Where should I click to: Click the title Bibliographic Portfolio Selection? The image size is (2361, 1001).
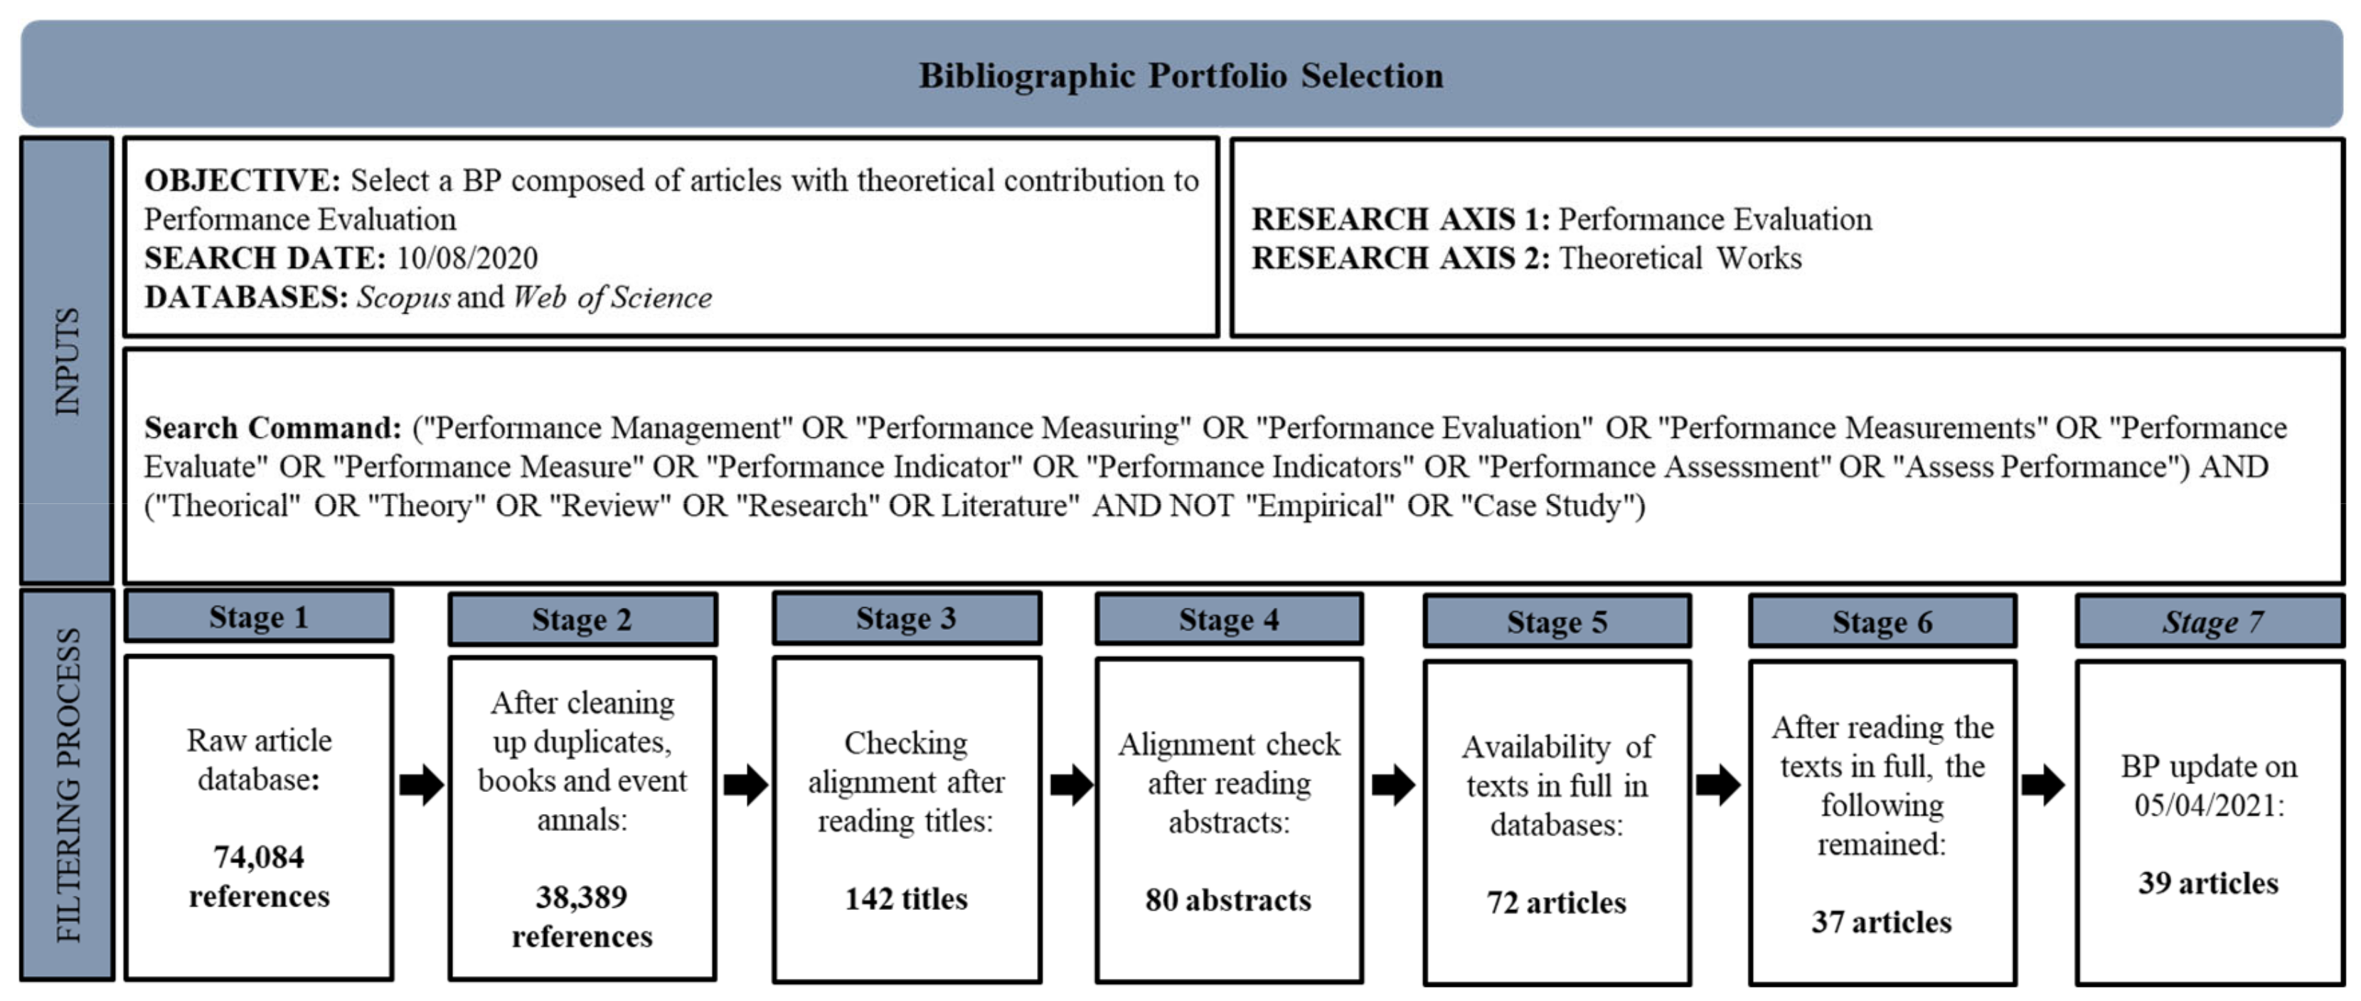(x=1180, y=75)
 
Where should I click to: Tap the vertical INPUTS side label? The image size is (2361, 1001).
(x=68, y=361)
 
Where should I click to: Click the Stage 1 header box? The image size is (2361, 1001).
(x=258, y=617)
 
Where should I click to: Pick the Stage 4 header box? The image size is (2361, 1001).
(x=1228, y=620)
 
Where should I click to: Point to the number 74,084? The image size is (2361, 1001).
(x=258, y=857)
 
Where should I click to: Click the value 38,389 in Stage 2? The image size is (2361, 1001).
(x=581, y=896)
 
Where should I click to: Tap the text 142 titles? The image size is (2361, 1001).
(x=905, y=899)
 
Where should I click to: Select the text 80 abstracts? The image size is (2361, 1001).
(x=1228, y=900)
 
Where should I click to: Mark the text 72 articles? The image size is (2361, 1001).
(x=1556, y=903)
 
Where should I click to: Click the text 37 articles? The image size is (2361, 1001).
(x=1882, y=922)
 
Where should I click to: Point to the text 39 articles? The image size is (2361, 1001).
(x=2208, y=883)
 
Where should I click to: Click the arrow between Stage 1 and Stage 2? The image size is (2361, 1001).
(x=422, y=785)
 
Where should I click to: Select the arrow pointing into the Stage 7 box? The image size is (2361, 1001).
(x=2043, y=785)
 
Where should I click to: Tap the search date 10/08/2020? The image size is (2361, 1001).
(x=467, y=259)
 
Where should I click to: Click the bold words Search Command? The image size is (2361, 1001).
(x=272, y=428)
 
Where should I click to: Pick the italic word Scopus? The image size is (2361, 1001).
(x=403, y=297)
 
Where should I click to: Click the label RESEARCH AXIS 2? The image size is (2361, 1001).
(x=1400, y=259)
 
